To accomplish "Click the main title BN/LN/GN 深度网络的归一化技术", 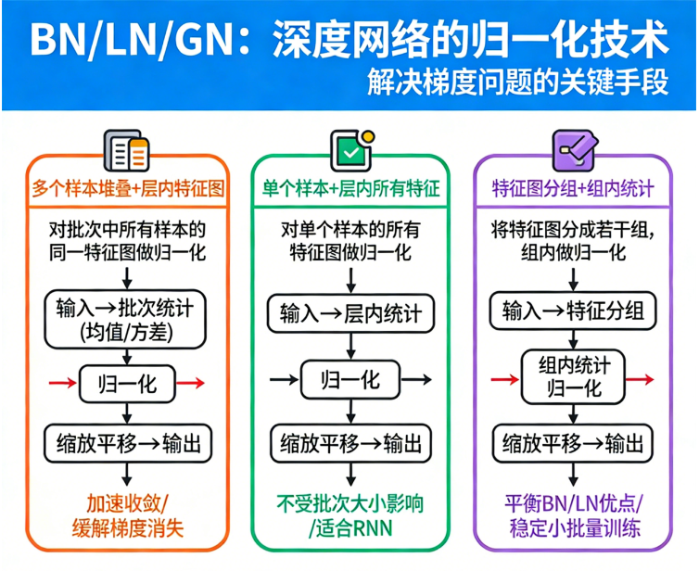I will [349, 38].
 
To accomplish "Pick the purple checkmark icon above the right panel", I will [572, 148].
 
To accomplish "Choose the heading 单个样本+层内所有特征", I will [350, 187].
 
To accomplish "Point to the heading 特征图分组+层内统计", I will [572, 187].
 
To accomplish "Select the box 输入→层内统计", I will [350, 313].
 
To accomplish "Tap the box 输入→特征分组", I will [573, 309].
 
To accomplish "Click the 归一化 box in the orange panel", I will [128, 381].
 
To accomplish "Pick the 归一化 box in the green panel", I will [349, 379].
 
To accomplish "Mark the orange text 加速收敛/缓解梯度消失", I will [128, 516].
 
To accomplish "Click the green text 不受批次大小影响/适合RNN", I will [350, 516].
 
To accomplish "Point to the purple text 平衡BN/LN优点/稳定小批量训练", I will [573, 516].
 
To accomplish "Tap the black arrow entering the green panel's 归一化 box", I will [283, 379].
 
